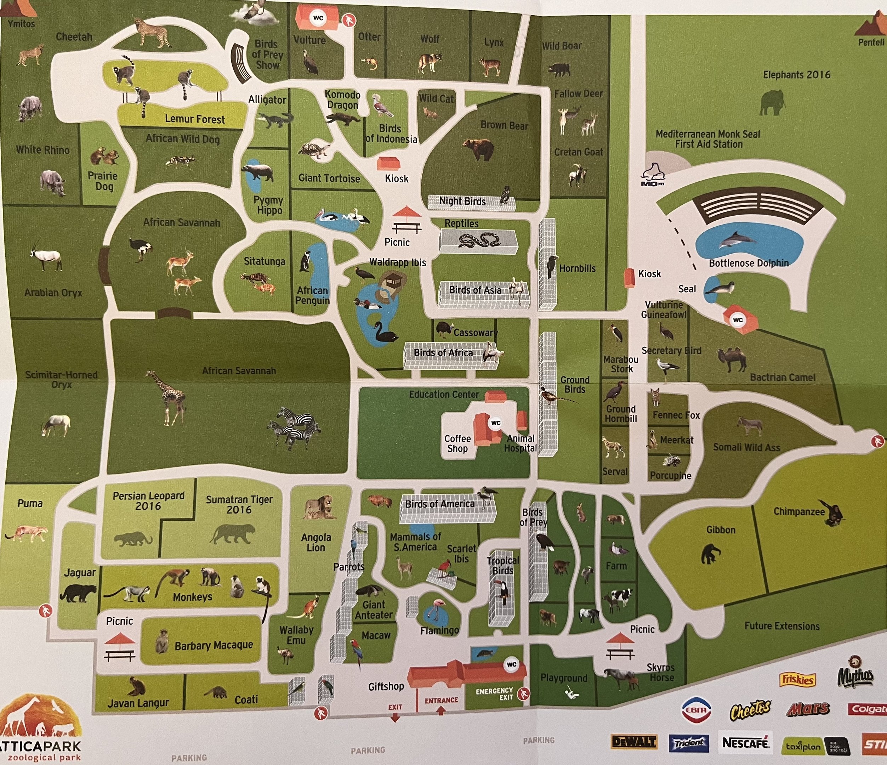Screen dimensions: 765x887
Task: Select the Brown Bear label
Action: pos(504,125)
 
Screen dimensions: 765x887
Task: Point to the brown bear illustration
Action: pos(478,148)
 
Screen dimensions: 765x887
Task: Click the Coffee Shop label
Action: pos(457,443)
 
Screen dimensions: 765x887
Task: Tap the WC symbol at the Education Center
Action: pos(496,423)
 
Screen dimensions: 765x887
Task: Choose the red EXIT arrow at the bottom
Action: pos(395,717)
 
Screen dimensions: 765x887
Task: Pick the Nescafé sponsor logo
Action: pos(745,743)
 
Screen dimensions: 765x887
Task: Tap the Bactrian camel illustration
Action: pos(733,359)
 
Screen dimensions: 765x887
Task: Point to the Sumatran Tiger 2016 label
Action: pos(239,504)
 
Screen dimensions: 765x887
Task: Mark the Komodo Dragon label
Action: pos(342,100)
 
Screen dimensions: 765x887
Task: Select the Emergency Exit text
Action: pos(494,693)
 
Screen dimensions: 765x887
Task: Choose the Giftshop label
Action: pos(386,686)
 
